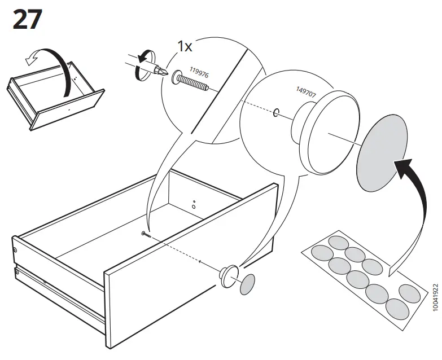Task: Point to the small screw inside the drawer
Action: [147, 234]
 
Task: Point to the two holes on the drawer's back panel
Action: [194, 204]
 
